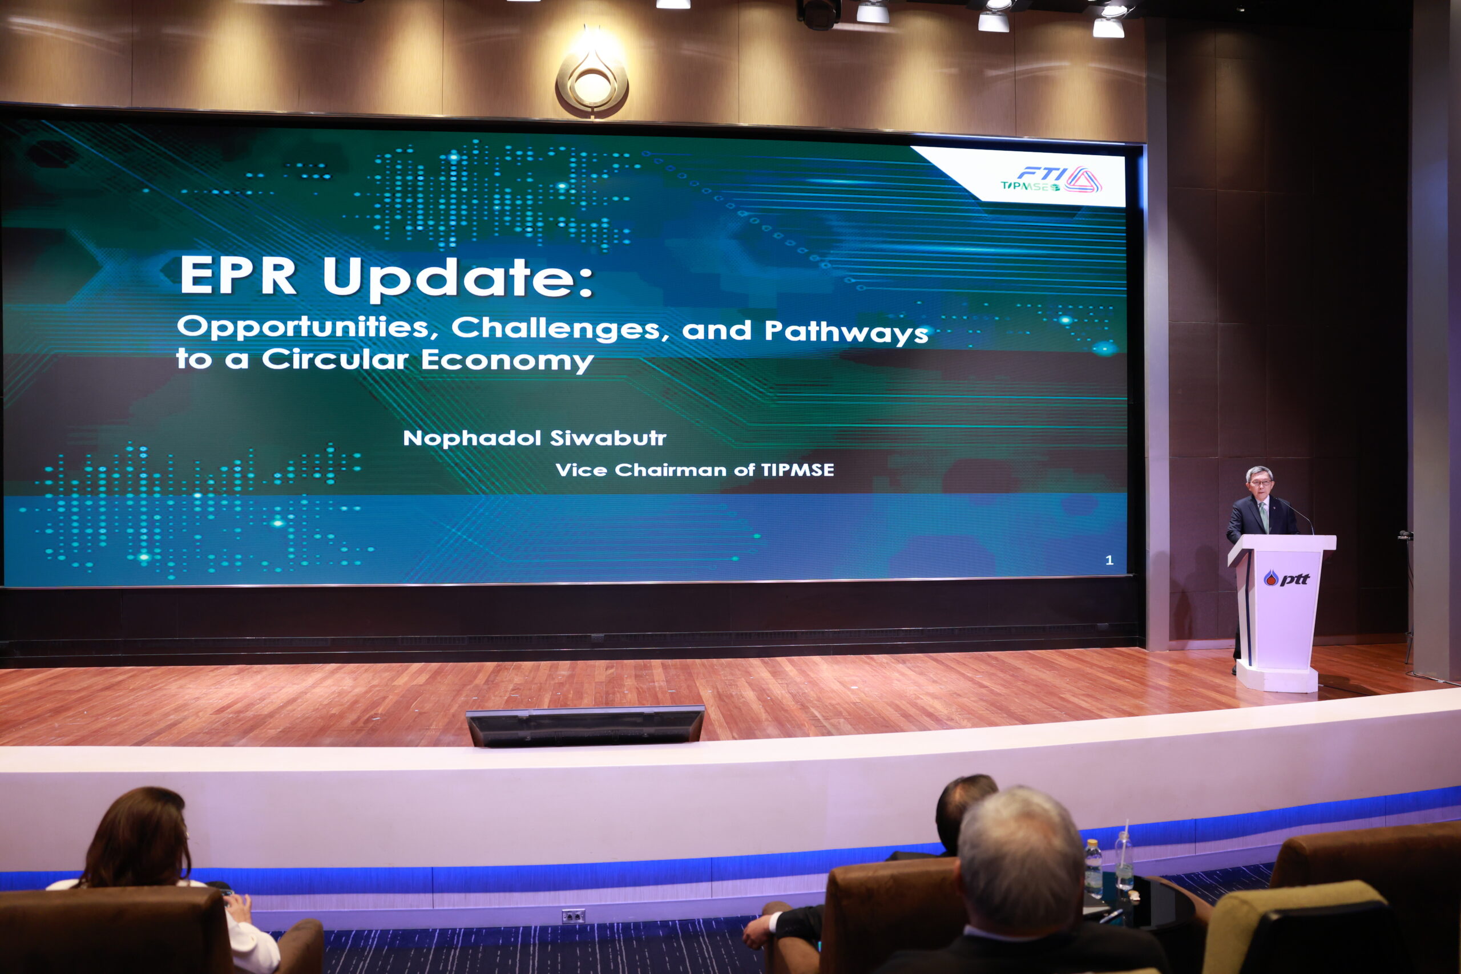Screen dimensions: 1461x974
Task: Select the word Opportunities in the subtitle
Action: (x=308, y=328)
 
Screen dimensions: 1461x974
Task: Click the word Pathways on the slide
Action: (x=846, y=331)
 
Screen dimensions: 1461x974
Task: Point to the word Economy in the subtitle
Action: (x=507, y=360)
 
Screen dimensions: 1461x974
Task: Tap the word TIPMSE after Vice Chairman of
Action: (x=798, y=470)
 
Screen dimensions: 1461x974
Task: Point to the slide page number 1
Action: (x=1109, y=560)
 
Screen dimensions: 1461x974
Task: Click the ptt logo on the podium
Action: (x=1286, y=579)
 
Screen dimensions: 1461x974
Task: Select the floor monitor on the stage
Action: (x=585, y=725)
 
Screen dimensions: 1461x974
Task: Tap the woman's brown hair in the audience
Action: (x=139, y=836)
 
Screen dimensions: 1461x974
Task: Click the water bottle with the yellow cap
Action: (x=1093, y=868)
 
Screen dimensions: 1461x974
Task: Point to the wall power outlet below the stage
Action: (x=573, y=916)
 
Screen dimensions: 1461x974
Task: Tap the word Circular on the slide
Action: (x=336, y=359)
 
